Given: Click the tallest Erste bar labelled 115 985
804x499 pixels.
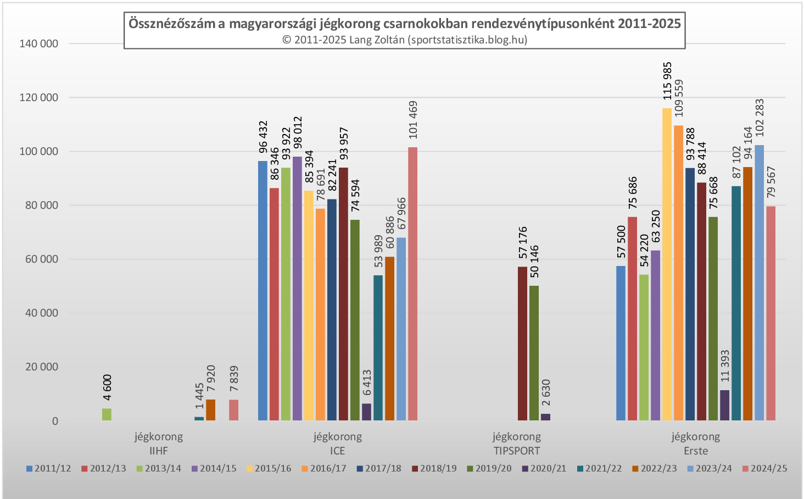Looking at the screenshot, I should (667, 264).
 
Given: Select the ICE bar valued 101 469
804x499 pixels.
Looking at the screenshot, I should (412, 284).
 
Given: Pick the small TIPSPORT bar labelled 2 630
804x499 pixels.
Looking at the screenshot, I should (545, 417).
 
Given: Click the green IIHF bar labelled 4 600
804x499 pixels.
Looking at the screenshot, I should (107, 414).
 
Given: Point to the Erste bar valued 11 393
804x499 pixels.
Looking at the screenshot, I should (724, 406).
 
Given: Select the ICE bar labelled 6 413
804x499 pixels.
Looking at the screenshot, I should (366, 412).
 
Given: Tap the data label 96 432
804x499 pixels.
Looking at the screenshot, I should (263, 137).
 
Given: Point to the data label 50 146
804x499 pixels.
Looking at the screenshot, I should (534, 262).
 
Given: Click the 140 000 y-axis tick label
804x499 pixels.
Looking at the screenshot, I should (38, 44).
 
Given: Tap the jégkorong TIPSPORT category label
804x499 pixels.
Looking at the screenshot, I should (516, 444).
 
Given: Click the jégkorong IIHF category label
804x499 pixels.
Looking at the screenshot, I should (159, 444).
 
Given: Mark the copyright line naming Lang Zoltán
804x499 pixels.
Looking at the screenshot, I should (405, 40).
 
